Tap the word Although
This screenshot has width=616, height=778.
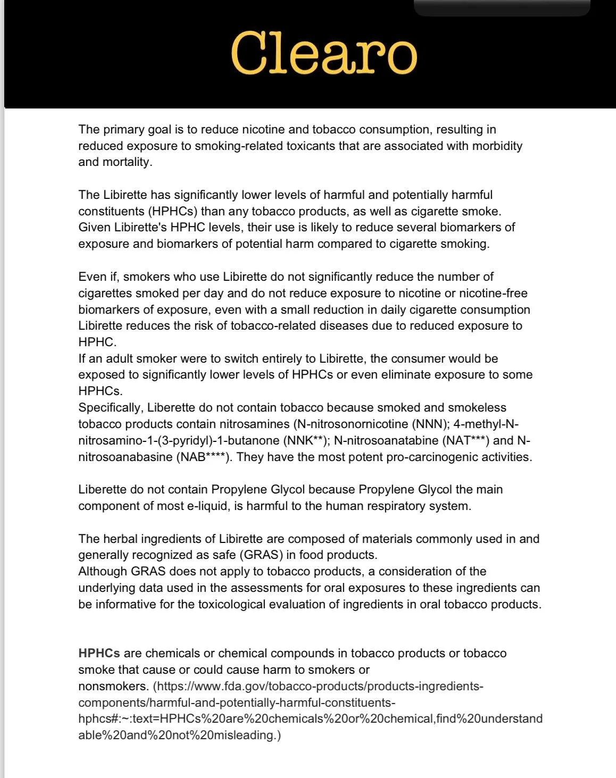tap(103, 572)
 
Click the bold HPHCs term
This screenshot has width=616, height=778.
tap(99, 654)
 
